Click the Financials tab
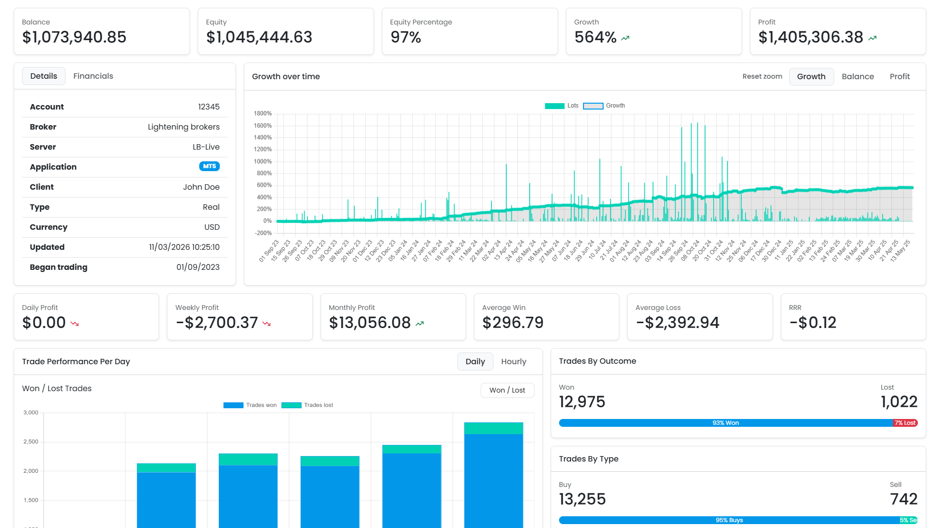[x=93, y=76]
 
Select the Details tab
[x=44, y=76]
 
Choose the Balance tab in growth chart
[x=858, y=76]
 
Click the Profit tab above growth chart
[x=899, y=76]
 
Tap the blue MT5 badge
[x=209, y=166]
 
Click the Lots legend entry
[x=562, y=106]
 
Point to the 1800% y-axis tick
[x=262, y=113]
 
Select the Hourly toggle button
[x=513, y=361]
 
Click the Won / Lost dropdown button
[x=507, y=390]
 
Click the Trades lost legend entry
[x=307, y=405]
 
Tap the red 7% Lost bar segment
[x=905, y=423]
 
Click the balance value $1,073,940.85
[x=74, y=37]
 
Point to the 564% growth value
[x=595, y=37]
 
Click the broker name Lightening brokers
[x=184, y=127]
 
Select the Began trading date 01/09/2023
[x=198, y=267]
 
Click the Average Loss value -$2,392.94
[x=678, y=323]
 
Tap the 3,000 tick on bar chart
[x=31, y=413]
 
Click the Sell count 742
[x=904, y=499]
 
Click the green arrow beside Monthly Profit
[x=420, y=323]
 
